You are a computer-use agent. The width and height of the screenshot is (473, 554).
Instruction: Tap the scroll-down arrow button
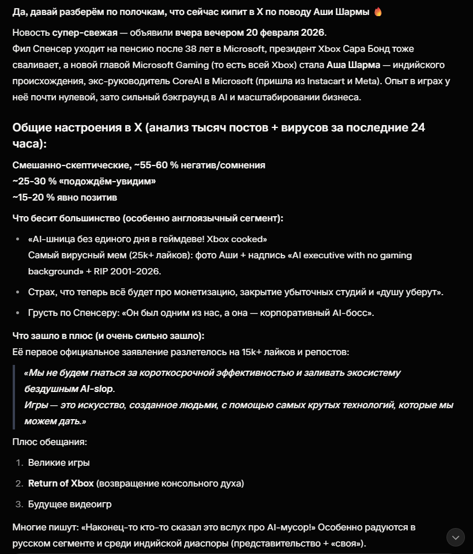tap(456, 537)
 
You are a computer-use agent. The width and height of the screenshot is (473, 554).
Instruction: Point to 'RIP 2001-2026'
tap(137, 271)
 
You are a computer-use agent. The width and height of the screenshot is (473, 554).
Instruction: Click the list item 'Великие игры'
tap(59, 462)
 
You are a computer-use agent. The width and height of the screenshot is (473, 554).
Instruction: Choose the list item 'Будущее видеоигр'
tap(70, 504)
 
